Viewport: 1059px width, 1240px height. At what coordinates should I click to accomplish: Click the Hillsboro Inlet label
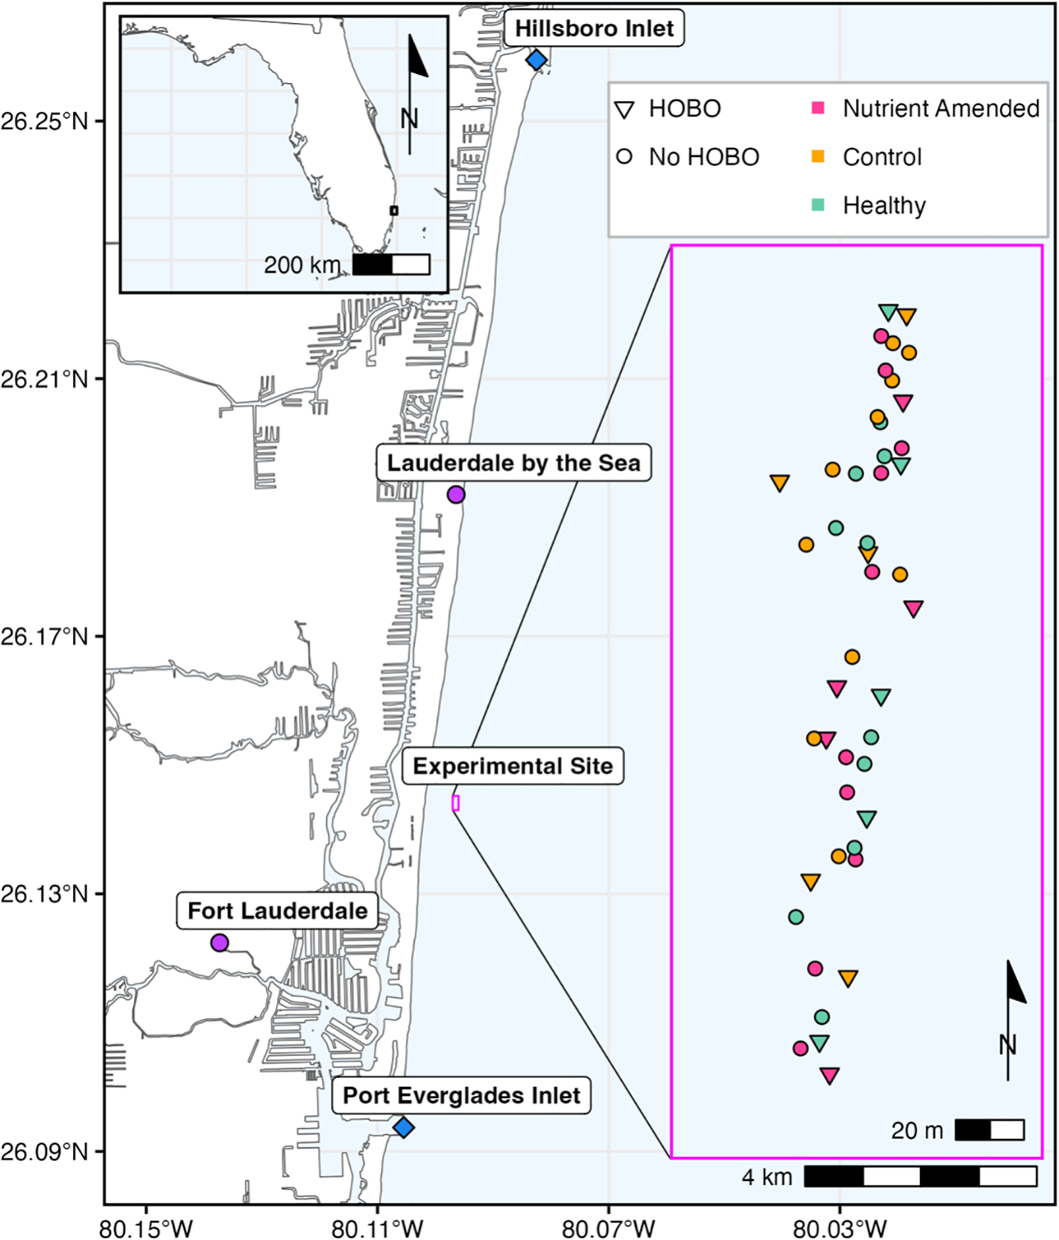(x=594, y=29)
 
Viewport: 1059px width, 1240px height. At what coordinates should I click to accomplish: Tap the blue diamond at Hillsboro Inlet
(x=537, y=60)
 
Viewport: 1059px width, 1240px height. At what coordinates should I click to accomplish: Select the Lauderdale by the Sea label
(x=513, y=463)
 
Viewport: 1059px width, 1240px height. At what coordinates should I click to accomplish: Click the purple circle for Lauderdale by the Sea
(x=456, y=495)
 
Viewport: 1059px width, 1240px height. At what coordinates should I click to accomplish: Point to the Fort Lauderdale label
(x=277, y=911)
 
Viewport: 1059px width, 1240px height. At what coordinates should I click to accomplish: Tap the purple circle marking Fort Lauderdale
(x=219, y=943)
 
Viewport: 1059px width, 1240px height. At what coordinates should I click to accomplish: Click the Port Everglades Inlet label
(x=461, y=1096)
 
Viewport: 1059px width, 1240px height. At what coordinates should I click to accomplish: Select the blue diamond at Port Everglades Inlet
(x=404, y=1127)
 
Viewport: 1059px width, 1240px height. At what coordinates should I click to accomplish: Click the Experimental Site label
(x=513, y=766)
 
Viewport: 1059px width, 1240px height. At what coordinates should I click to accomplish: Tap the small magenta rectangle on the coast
(x=455, y=803)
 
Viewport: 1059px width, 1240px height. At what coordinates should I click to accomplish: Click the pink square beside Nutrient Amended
(x=818, y=108)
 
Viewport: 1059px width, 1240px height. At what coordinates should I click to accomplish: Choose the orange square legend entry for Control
(x=818, y=157)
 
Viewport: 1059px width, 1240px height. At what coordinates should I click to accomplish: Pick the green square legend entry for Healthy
(x=818, y=205)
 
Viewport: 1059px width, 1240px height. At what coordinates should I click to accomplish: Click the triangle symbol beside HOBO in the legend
(x=624, y=111)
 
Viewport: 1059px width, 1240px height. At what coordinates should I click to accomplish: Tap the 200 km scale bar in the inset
(x=391, y=264)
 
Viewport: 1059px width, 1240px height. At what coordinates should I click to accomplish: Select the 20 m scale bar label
(x=917, y=1130)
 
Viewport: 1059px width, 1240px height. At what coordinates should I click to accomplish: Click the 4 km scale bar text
(x=767, y=1177)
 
